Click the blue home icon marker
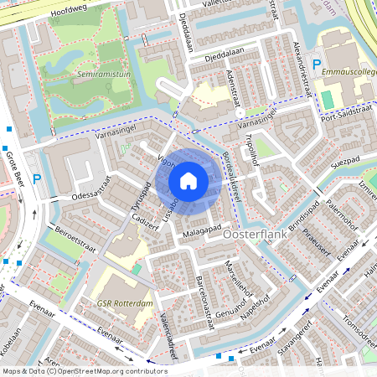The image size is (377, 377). point(188,180)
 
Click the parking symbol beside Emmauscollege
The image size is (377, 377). point(317,65)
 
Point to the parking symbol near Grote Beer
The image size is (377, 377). point(37,178)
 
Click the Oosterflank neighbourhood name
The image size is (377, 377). point(256,237)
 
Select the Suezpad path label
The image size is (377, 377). point(344,160)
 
